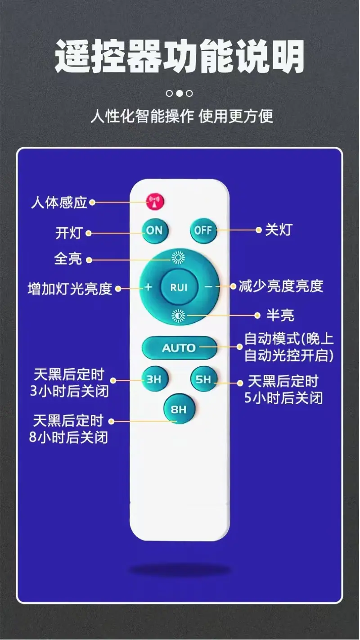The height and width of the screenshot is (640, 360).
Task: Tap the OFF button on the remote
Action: tap(203, 230)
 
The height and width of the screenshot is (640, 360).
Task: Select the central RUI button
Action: tap(179, 287)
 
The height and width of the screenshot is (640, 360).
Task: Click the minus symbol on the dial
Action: tap(209, 287)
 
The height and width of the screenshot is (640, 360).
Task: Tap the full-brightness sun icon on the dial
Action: tap(178, 258)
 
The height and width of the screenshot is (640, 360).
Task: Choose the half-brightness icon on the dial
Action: tap(178, 315)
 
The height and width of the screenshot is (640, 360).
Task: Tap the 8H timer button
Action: tap(179, 409)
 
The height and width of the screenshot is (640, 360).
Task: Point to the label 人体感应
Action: tap(59, 203)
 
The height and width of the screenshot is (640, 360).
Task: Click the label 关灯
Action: tap(279, 230)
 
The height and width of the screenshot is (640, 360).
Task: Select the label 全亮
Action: tap(68, 259)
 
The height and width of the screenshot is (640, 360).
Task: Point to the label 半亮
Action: tap(280, 315)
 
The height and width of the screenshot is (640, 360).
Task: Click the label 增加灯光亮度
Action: tap(70, 288)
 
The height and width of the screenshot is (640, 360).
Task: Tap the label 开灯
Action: tap(69, 233)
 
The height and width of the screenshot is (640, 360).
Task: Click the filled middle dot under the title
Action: tap(180, 94)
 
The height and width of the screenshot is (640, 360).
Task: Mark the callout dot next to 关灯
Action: tap(259, 230)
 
